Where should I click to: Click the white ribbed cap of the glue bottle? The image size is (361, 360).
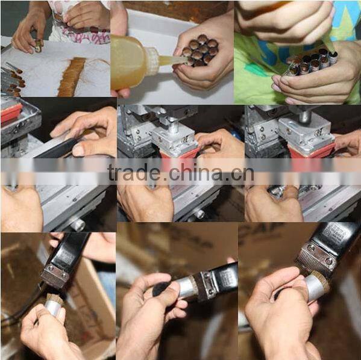(152, 61)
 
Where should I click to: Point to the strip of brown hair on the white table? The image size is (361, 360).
(71, 76)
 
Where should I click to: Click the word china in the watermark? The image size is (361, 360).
(195, 172)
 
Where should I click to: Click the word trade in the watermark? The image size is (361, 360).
(134, 172)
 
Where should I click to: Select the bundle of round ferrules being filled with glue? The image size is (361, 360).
(201, 50)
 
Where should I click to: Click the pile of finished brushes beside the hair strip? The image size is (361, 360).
(12, 79)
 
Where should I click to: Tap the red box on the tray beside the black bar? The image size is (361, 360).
(11, 113)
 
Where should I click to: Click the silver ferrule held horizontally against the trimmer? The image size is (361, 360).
(186, 288)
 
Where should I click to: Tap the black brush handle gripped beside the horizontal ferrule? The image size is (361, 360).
(160, 288)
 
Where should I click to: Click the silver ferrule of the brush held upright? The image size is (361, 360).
(54, 308)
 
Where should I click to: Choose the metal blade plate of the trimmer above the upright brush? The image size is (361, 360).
(55, 276)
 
